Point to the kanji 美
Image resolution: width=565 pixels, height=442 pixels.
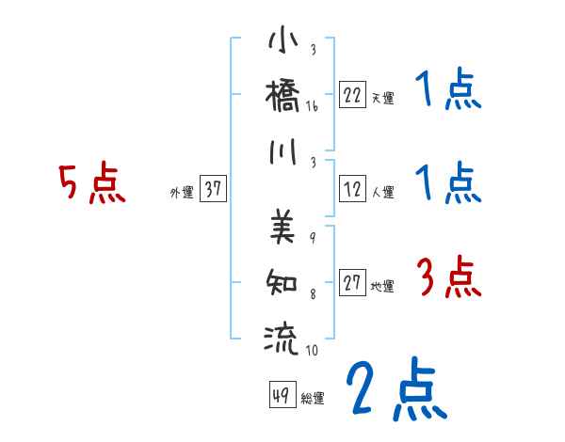(282, 225)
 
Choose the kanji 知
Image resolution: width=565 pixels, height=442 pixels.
(282, 279)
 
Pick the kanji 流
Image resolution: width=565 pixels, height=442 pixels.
(282, 336)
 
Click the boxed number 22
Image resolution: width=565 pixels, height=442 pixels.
(352, 95)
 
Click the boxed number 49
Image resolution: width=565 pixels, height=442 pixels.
(279, 395)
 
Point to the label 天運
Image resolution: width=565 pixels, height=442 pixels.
(381, 98)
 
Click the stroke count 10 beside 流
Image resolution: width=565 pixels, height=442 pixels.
(312, 351)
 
